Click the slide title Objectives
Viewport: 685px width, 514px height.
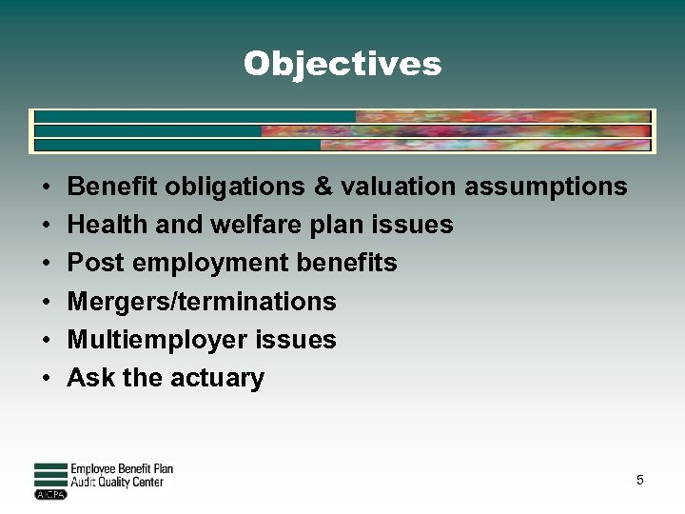point(342,64)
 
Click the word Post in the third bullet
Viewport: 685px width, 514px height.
point(89,263)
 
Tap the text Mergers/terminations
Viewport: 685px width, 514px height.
point(202,302)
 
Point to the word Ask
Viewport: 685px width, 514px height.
point(90,378)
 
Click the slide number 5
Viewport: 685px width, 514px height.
point(640,480)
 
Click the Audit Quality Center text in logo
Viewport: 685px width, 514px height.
point(117,483)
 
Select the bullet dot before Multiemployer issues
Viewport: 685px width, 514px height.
point(46,340)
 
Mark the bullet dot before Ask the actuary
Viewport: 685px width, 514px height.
point(46,378)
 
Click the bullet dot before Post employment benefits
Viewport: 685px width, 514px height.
point(46,264)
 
